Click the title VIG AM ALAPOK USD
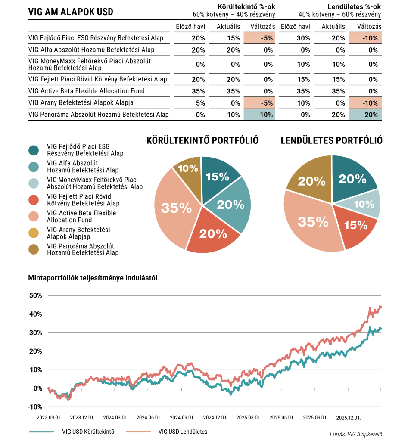pos(70,12)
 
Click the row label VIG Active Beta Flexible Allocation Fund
pos(86,91)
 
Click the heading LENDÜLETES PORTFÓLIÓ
pos(332,140)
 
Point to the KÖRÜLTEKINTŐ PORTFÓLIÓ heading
pos(202,140)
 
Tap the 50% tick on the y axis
pos(36,295)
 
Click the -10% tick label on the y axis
pos(35,407)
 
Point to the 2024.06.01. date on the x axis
pos(149,417)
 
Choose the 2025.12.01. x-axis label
pos(348,417)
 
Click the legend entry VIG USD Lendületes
pos(183,431)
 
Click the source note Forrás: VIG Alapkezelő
pos(356,434)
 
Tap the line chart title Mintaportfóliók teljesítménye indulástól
pos(93,278)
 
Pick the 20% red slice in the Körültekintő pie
pos(213,233)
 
